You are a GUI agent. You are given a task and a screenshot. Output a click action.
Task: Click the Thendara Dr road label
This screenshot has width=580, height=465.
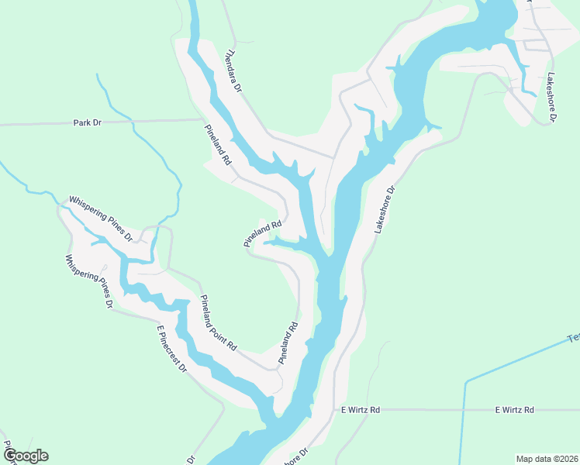[233, 72]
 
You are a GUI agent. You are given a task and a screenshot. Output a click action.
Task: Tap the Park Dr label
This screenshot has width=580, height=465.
[88, 122]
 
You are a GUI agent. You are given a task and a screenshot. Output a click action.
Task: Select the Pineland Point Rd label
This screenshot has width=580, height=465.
[218, 323]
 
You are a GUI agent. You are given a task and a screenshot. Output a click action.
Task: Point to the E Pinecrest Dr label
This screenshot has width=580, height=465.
[172, 349]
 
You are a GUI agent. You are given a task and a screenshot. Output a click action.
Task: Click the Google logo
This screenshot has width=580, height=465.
[26, 456]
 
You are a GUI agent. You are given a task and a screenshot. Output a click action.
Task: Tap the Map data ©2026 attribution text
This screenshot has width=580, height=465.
[547, 459]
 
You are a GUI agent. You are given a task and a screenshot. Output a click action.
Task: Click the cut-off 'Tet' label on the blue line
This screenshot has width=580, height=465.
[573, 338]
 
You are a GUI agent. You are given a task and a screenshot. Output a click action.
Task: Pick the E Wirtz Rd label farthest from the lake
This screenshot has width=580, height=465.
[515, 409]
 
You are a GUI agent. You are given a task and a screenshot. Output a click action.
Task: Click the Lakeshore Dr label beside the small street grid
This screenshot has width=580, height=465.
[552, 98]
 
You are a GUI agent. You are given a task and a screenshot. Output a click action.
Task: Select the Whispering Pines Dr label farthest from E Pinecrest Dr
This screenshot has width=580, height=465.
[101, 219]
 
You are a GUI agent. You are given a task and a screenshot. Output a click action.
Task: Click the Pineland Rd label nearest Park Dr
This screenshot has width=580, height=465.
[219, 146]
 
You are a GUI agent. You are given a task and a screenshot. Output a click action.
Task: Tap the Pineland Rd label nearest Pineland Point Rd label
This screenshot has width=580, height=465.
[288, 344]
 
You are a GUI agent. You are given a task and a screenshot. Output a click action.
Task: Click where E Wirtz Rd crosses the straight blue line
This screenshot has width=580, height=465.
[464, 409]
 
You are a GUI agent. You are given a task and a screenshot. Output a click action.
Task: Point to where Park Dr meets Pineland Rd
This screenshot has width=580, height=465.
[203, 120]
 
